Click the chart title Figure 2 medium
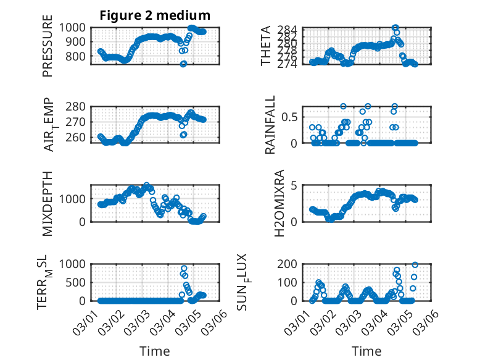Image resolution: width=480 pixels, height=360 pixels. click(155, 15)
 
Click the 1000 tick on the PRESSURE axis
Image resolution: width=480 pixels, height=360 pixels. click(76, 27)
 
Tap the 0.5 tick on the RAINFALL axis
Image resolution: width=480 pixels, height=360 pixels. click(291, 117)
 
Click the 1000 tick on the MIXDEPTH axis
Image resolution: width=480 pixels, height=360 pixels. click(76, 199)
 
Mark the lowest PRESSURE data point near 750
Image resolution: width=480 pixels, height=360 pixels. click(183, 64)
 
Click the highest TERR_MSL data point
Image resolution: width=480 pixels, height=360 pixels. click(184, 268)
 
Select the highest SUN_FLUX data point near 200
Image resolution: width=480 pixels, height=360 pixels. click(415, 265)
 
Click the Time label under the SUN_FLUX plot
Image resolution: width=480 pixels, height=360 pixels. click(366, 351)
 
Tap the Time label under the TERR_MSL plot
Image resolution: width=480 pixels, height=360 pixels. click(155, 351)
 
